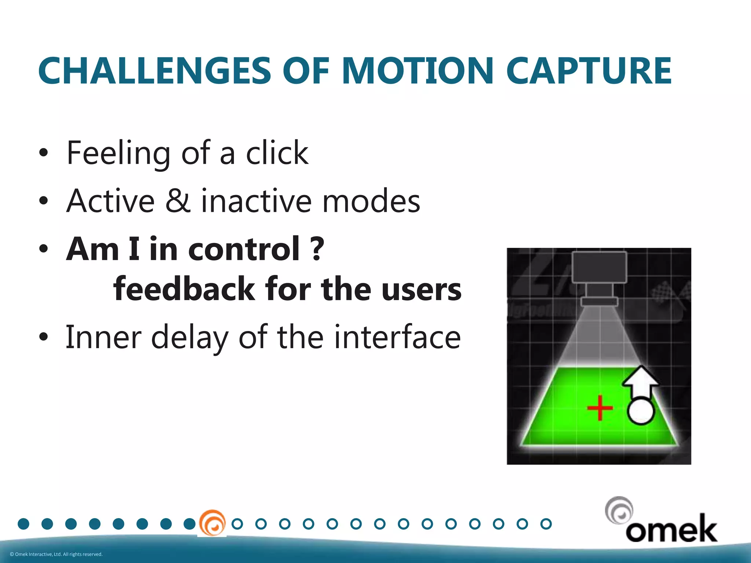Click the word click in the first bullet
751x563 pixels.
pyautogui.click(x=277, y=153)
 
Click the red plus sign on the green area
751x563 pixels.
pyautogui.click(x=600, y=408)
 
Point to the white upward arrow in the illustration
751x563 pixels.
pyautogui.click(x=640, y=381)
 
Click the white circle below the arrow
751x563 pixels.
pyautogui.click(x=641, y=411)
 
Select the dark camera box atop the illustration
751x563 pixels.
pyautogui.click(x=600, y=268)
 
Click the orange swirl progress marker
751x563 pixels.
pyautogui.click(x=212, y=523)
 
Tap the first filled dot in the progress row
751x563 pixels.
pyautogui.click(x=23, y=524)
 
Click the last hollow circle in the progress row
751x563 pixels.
pyautogui.click(x=546, y=524)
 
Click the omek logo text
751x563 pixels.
pyautogui.click(x=671, y=529)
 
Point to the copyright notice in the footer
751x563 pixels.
pyautogui.click(x=56, y=554)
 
